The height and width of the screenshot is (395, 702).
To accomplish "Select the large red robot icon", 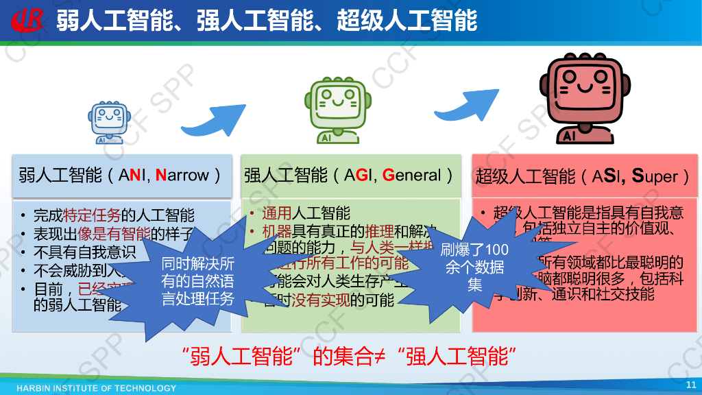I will point(581,99).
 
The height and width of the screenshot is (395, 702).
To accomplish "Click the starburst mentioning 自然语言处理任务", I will point(197,280).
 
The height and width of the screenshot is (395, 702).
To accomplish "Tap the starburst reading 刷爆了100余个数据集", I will point(475,267).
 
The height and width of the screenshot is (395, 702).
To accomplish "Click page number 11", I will point(690,385).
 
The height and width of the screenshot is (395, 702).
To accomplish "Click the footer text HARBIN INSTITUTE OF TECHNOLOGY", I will point(96,388).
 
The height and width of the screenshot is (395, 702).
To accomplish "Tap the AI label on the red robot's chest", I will point(569,136).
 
